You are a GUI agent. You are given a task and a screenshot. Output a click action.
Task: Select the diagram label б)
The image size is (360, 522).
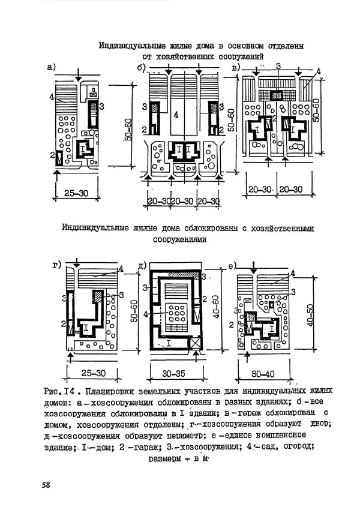(x=141, y=68)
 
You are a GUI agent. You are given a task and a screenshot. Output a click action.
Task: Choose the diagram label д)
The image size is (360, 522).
(x=143, y=265)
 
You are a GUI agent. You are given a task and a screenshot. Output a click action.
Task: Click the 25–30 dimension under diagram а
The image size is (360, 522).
(x=76, y=194)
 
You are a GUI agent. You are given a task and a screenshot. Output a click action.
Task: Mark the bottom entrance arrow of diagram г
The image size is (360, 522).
(x=71, y=356)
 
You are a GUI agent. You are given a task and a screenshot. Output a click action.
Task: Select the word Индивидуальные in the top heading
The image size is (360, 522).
(x=128, y=46)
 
